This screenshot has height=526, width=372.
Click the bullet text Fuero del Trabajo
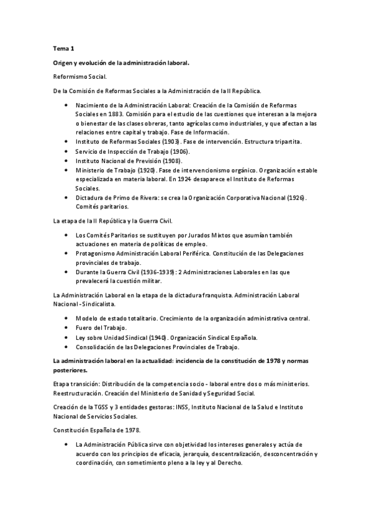[x=101, y=328]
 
